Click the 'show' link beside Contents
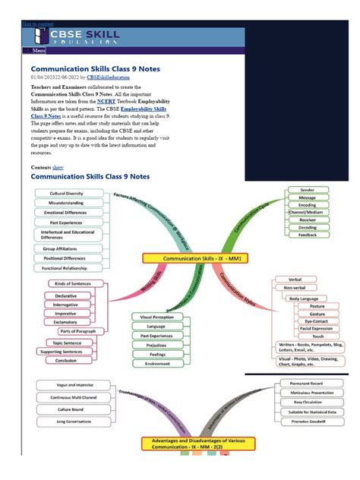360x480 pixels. [58, 166]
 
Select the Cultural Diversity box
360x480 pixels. [66, 194]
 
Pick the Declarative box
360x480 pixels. [65, 295]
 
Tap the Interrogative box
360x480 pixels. [66, 304]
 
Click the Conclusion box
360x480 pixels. [66, 360]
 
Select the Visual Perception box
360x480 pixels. [157, 316]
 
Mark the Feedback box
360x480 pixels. [308, 235]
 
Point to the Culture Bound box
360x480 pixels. [67, 409]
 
